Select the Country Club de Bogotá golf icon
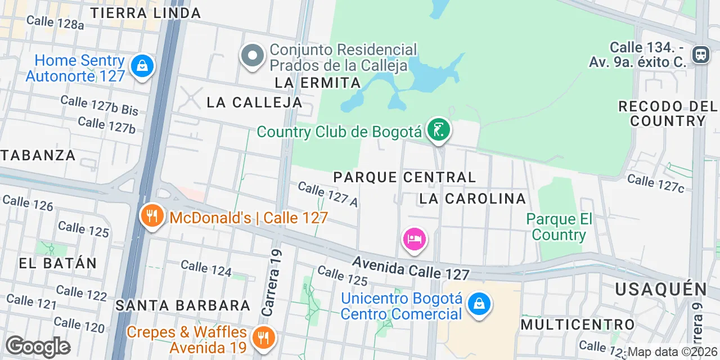438,130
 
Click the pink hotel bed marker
415,240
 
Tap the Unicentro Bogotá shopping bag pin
479,304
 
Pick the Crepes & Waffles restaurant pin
262,337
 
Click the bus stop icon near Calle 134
701,55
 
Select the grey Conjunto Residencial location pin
253,56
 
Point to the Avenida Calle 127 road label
411,268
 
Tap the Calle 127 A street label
328,194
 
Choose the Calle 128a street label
55,22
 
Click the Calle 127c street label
655,183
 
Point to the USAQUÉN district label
661,289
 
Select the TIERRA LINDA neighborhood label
145,13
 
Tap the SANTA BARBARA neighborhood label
183,305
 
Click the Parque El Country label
559,227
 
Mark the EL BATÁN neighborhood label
58,263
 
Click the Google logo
38,346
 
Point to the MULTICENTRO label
578,325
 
